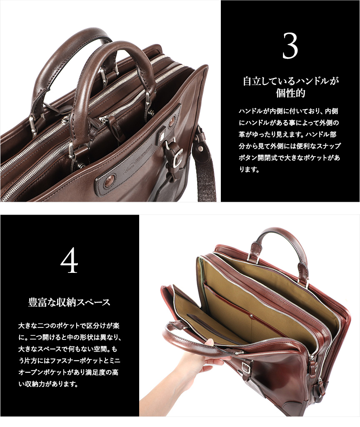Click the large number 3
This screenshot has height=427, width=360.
pyautogui.click(x=290, y=45)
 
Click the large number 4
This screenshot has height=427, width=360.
pyautogui.click(x=69, y=261)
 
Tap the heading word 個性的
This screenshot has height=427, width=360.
pyautogui.click(x=290, y=93)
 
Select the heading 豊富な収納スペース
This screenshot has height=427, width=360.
pyautogui.click(x=69, y=302)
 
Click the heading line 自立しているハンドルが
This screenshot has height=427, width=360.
pyautogui.click(x=290, y=81)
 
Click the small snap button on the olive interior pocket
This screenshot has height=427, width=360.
pyautogui.click(x=251, y=316)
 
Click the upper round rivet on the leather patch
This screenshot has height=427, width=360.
pyautogui.click(x=172, y=122)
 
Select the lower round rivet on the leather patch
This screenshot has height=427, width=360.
pyautogui.click(x=109, y=180)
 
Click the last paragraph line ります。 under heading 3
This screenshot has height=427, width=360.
pyautogui.click(x=249, y=170)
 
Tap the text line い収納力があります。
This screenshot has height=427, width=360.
pyautogui.click(x=48, y=384)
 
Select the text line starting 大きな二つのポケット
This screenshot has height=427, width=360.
pyautogui.click(x=69, y=326)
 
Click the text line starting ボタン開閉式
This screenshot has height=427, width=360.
pyautogui.click(x=289, y=157)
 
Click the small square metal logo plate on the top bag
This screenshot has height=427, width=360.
pyautogui.click(x=161, y=135)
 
